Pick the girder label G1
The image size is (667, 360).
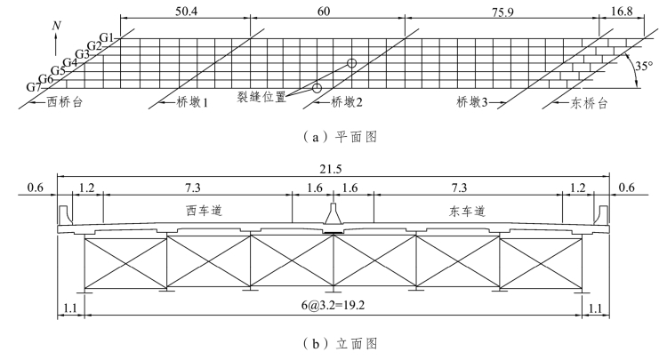click(x=108, y=37)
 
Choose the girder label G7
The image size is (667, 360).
click(x=33, y=87)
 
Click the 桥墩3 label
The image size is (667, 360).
click(x=473, y=102)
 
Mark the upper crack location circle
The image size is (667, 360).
click(x=352, y=64)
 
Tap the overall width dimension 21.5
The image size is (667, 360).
click(x=334, y=169)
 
